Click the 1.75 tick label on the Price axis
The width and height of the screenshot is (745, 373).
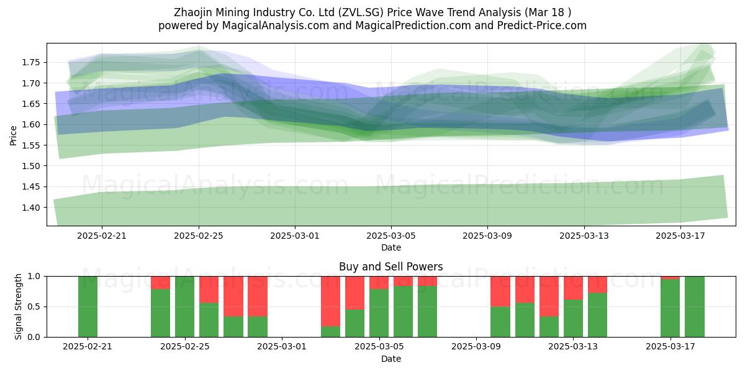[30, 63]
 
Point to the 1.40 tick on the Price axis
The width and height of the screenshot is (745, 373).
[30, 208]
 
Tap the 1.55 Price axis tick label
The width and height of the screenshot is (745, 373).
[30, 145]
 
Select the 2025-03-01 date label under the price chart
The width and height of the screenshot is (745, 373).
[295, 236]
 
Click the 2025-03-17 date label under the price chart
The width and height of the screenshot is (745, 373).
[680, 236]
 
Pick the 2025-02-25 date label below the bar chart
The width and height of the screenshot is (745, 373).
[185, 347]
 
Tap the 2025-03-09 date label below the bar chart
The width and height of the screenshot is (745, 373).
[476, 347]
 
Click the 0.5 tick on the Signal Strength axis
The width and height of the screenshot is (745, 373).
[34, 306]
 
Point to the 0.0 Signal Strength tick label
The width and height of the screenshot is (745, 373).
[34, 338]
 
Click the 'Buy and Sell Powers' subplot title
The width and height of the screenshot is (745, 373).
[391, 267]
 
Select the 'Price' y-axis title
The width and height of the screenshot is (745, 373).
[13, 136]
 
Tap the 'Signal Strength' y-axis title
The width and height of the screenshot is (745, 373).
[18, 306]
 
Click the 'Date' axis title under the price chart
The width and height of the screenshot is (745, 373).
[391, 248]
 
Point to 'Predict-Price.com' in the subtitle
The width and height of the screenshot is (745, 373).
[542, 25]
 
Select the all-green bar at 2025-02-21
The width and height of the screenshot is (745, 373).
[88, 306]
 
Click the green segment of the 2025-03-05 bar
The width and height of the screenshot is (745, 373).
[379, 313]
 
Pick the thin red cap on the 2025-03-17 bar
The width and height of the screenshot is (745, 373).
[670, 278]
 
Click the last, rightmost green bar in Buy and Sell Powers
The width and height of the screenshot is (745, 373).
[695, 306]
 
